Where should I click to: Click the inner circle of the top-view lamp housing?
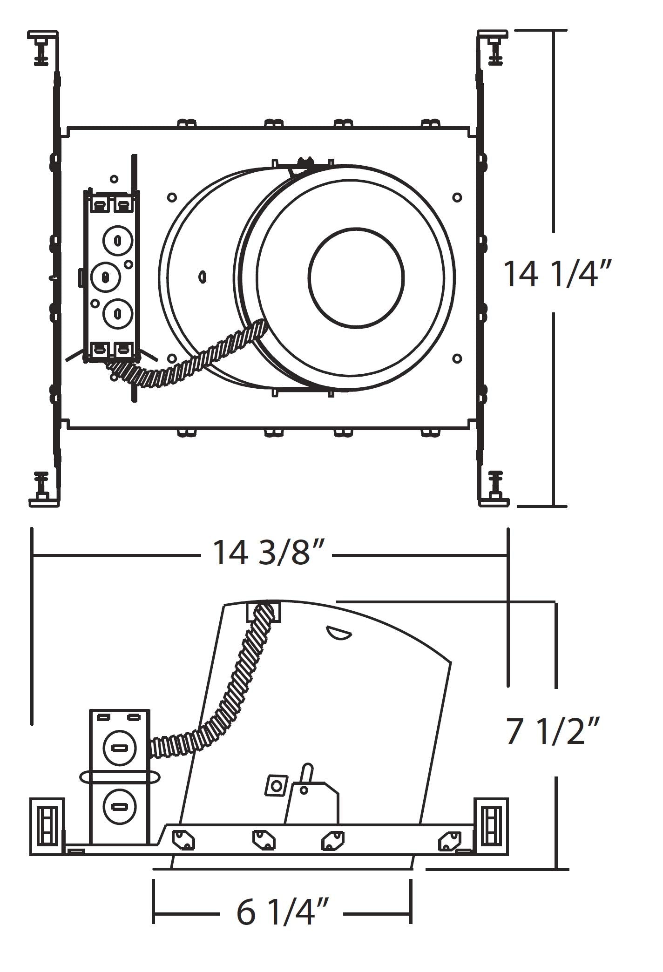[356, 277]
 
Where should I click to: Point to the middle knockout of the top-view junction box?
[105, 277]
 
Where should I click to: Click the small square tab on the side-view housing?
[277, 786]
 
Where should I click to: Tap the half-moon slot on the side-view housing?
[338, 633]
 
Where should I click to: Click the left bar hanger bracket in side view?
[47, 826]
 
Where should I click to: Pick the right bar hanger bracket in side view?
[491, 826]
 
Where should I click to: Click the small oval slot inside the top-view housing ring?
[203, 277]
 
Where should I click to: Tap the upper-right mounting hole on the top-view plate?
[457, 197]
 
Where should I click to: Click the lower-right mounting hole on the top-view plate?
[457, 358]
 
